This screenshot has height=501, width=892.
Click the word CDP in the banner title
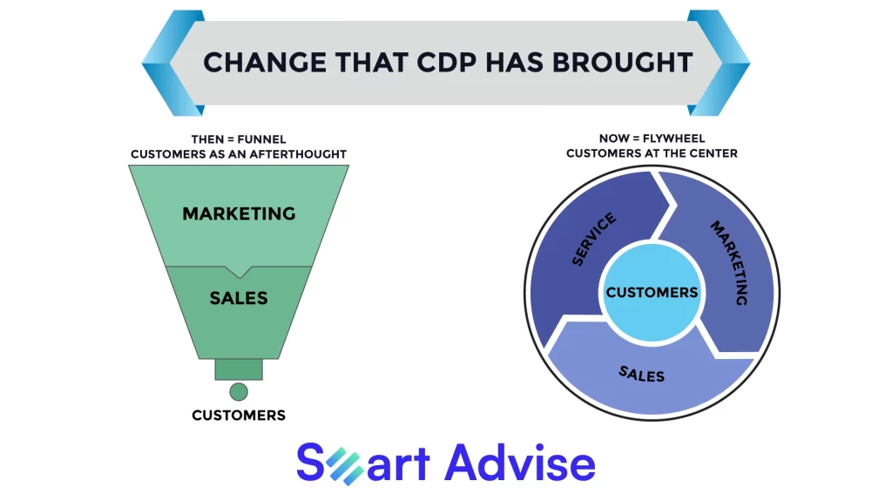[x=447, y=62]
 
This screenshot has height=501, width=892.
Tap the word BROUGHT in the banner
[x=622, y=62]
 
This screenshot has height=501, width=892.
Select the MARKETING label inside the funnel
[x=239, y=213]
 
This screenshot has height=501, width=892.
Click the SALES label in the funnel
[x=239, y=298]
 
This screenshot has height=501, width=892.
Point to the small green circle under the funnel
[x=239, y=392]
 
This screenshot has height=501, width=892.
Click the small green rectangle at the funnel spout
[x=239, y=369]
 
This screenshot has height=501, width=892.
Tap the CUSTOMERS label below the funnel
[x=239, y=415]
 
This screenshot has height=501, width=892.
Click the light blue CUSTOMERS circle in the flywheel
[x=652, y=293]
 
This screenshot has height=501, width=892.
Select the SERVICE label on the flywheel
[x=593, y=239]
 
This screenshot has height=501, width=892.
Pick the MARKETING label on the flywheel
[x=730, y=262]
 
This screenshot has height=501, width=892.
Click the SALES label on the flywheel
[x=642, y=374]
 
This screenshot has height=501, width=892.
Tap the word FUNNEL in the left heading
[x=261, y=139]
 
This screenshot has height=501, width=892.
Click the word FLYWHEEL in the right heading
[x=673, y=139]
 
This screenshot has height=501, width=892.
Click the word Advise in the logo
[x=520, y=463]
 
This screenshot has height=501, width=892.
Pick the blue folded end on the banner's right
[x=719, y=63]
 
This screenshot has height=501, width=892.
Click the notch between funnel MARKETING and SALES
[x=240, y=272]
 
